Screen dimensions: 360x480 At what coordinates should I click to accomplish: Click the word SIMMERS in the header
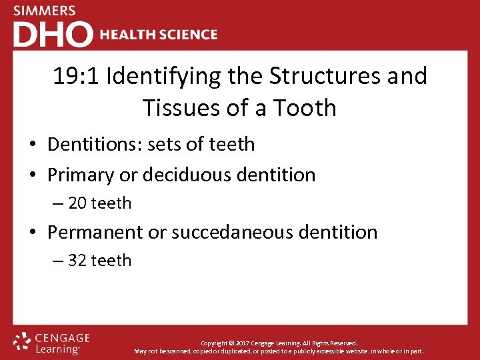[x=44, y=11]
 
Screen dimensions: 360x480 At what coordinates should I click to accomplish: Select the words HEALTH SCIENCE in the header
[x=159, y=34]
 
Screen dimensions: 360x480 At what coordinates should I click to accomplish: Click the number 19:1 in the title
[x=76, y=77]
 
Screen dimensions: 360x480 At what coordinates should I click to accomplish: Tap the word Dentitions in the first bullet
[x=93, y=144]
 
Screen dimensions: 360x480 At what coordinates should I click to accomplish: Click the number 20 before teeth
[x=77, y=203]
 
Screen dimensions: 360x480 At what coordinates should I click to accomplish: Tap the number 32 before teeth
[x=77, y=261]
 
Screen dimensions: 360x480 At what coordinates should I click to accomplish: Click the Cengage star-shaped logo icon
[x=23, y=341]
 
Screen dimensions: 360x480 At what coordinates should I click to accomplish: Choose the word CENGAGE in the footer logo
[x=63, y=338]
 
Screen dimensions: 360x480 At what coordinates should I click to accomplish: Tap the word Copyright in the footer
[x=215, y=343]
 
